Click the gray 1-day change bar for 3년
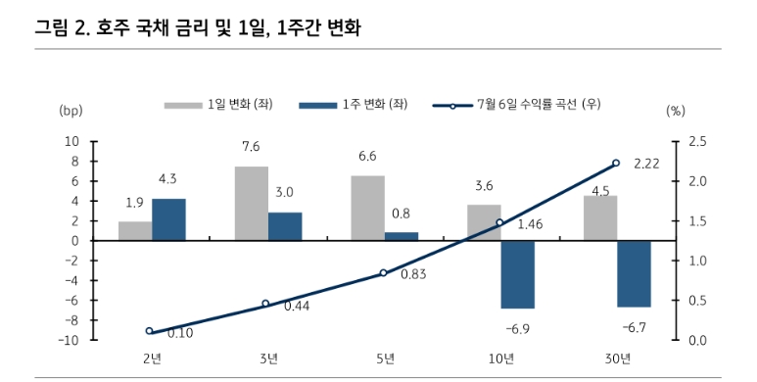pos(251,204)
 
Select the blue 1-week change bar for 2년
pos(168,219)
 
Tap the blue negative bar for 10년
pos(517,274)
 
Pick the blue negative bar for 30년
pos(634,273)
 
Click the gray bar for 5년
pos(367,208)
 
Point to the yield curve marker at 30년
pos(616,163)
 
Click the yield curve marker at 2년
pos(150,331)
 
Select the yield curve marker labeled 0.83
pos(384,273)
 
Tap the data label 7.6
pos(251,147)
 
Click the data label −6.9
pos(517,327)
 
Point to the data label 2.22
pos(645,163)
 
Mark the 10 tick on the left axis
pos(72,141)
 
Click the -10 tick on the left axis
pos(69,340)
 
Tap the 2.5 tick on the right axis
pos(697,141)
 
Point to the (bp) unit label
pos(71,110)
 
